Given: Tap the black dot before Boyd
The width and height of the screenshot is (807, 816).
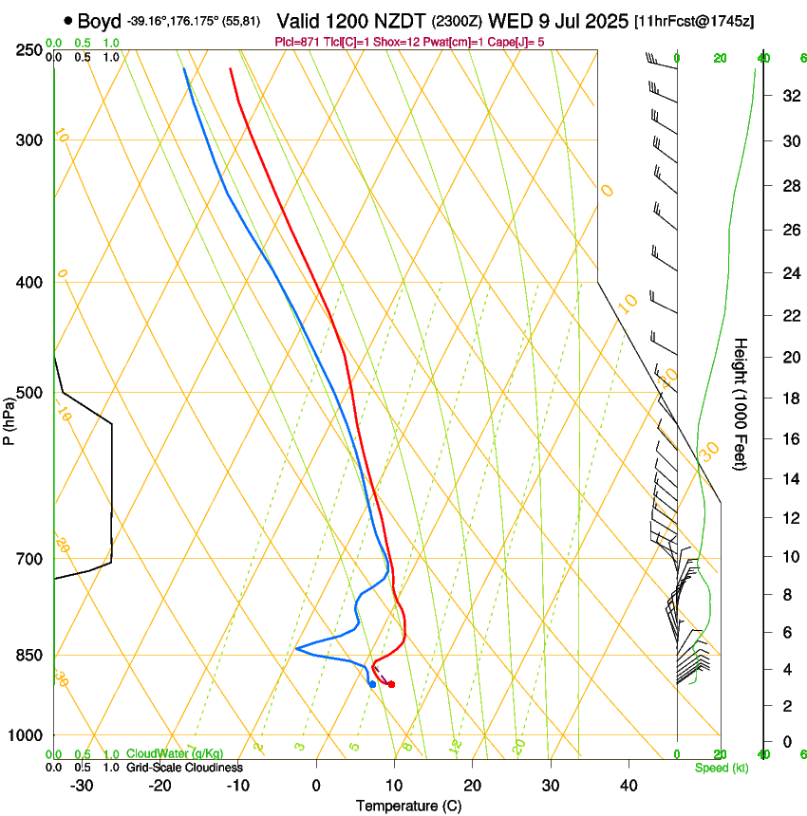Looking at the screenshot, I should (x=68, y=20).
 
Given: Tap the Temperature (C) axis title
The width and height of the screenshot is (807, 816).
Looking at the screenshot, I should (x=408, y=806).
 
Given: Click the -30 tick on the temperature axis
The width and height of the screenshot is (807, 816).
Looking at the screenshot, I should (x=82, y=785).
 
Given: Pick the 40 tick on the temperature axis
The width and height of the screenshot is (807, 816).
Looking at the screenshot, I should (x=629, y=785).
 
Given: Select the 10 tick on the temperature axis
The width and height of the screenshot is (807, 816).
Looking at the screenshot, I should (x=394, y=785).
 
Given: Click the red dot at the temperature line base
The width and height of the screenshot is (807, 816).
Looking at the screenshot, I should (x=391, y=684).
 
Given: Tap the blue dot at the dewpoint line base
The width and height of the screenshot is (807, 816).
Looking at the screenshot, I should (x=372, y=683).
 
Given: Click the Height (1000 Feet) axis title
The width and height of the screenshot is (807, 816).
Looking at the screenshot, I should (x=741, y=403).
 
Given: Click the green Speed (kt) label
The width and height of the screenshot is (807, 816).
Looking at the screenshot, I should (x=721, y=768).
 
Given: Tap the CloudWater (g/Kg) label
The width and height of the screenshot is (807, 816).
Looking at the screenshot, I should (x=169, y=754).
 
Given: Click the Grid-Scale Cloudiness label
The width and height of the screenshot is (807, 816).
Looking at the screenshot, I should (x=184, y=768).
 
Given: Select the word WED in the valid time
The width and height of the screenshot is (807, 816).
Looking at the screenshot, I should (x=508, y=20).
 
